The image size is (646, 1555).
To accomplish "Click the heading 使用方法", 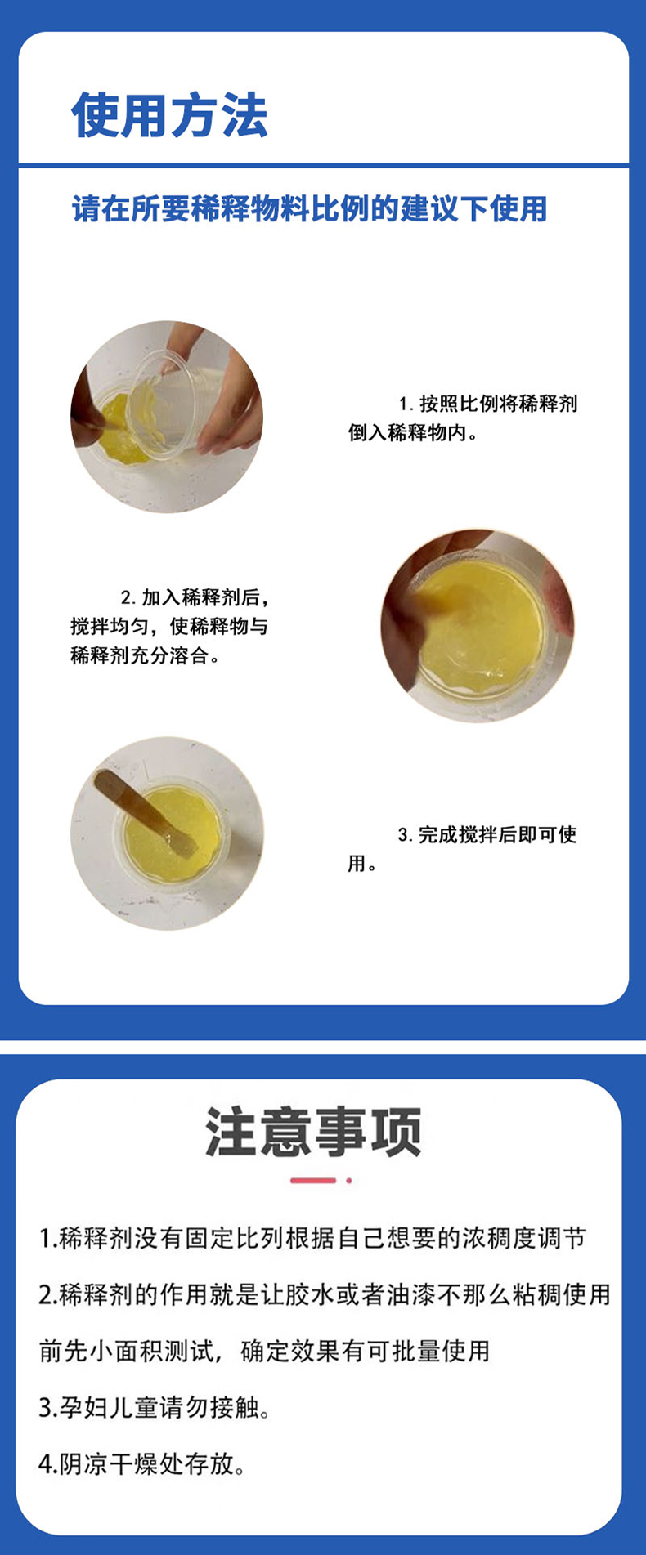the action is coord(169,114).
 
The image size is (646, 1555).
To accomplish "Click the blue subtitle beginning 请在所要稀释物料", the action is coord(309,209).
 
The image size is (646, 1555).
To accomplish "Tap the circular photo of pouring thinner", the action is coord(167,418).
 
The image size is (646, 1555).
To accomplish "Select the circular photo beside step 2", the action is coord(478,626).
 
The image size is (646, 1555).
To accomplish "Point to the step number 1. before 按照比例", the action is coord(406,404).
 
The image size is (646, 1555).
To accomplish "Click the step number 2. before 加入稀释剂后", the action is coord(129,598).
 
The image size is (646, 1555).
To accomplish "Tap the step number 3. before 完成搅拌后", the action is coord(406,835).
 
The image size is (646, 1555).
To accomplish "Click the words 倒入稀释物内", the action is coord(412,433).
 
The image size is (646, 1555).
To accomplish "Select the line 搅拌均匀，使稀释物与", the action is coord(169,627).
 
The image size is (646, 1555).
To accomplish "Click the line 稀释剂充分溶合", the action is coord(145,655).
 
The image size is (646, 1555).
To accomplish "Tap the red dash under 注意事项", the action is coord(313,1181).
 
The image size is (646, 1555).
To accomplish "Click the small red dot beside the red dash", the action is coord(349,1181).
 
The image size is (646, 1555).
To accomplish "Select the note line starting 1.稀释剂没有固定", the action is coord(313,1240).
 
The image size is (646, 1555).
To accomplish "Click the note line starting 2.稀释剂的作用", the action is coord(325,1295).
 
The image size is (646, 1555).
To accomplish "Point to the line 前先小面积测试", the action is coord(265,1351).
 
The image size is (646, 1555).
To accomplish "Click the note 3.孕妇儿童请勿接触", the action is coord(155,1407).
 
